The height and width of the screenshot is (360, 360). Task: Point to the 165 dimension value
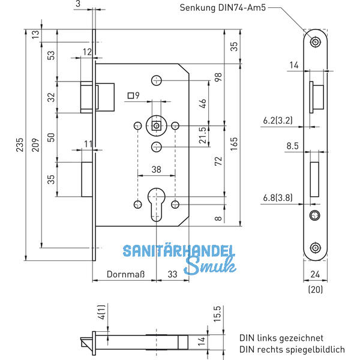point(235,145)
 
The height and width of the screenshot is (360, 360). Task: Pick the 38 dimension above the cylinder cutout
point(156,170)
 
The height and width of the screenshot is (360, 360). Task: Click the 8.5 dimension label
point(293,145)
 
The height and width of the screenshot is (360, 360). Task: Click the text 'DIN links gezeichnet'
point(281,338)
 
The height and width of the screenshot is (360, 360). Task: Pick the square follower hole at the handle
point(157,125)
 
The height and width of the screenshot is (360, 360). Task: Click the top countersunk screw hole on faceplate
point(315,42)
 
